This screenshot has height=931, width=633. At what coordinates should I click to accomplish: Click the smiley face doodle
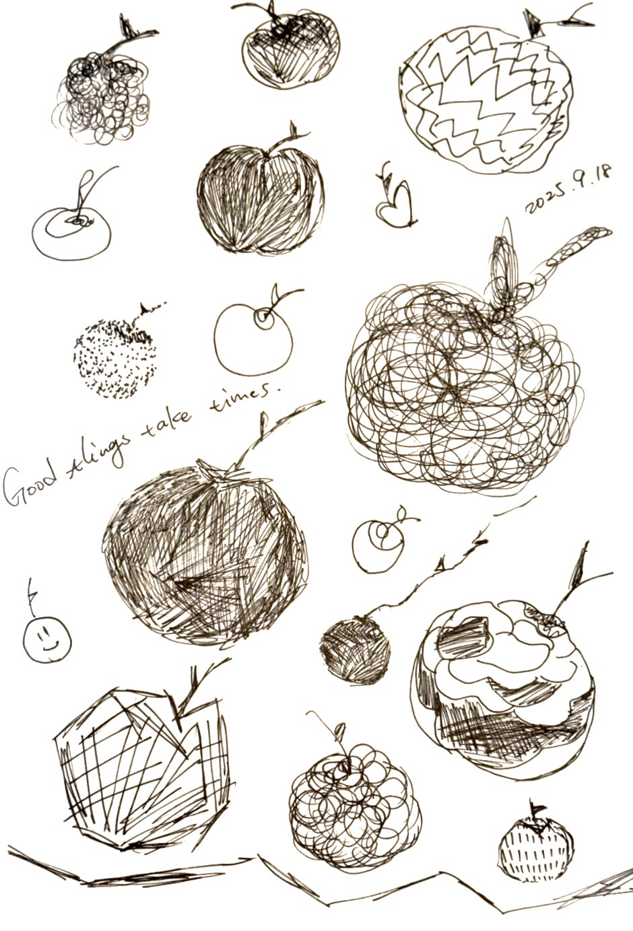coord(47,640)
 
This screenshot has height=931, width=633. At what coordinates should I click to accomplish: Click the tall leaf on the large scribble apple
coord(506,270)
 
